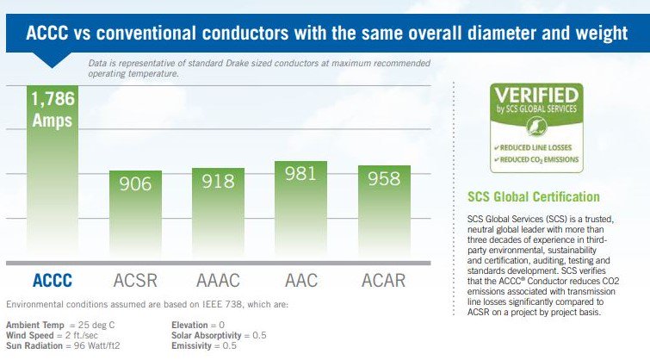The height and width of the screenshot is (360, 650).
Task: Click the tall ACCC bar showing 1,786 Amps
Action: coord(53,172)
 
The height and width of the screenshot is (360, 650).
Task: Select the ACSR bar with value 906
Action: coord(134,215)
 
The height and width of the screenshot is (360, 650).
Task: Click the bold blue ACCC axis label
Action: coord(53,280)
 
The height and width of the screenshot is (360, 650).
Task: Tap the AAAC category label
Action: coord(218,280)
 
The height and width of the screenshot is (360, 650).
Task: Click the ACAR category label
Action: coord(384,280)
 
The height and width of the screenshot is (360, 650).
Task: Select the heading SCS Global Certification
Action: coord(527,197)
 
